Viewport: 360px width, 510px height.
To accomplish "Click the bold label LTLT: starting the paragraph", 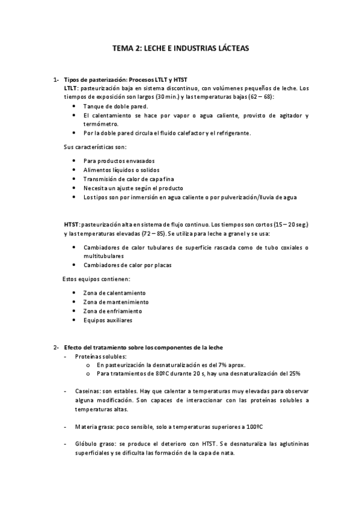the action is [x=71, y=87].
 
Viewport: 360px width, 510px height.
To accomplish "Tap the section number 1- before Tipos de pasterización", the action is [x=55, y=79].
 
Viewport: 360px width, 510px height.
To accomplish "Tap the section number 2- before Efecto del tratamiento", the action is [x=55, y=348].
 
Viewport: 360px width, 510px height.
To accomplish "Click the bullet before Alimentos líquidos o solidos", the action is [x=73, y=170].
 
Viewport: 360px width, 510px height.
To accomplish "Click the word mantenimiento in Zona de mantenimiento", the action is [x=125, y=302].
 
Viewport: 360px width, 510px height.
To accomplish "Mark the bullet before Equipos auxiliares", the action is [x=73, y=320].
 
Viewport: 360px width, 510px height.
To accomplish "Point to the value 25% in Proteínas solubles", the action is [x=294, y=373].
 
